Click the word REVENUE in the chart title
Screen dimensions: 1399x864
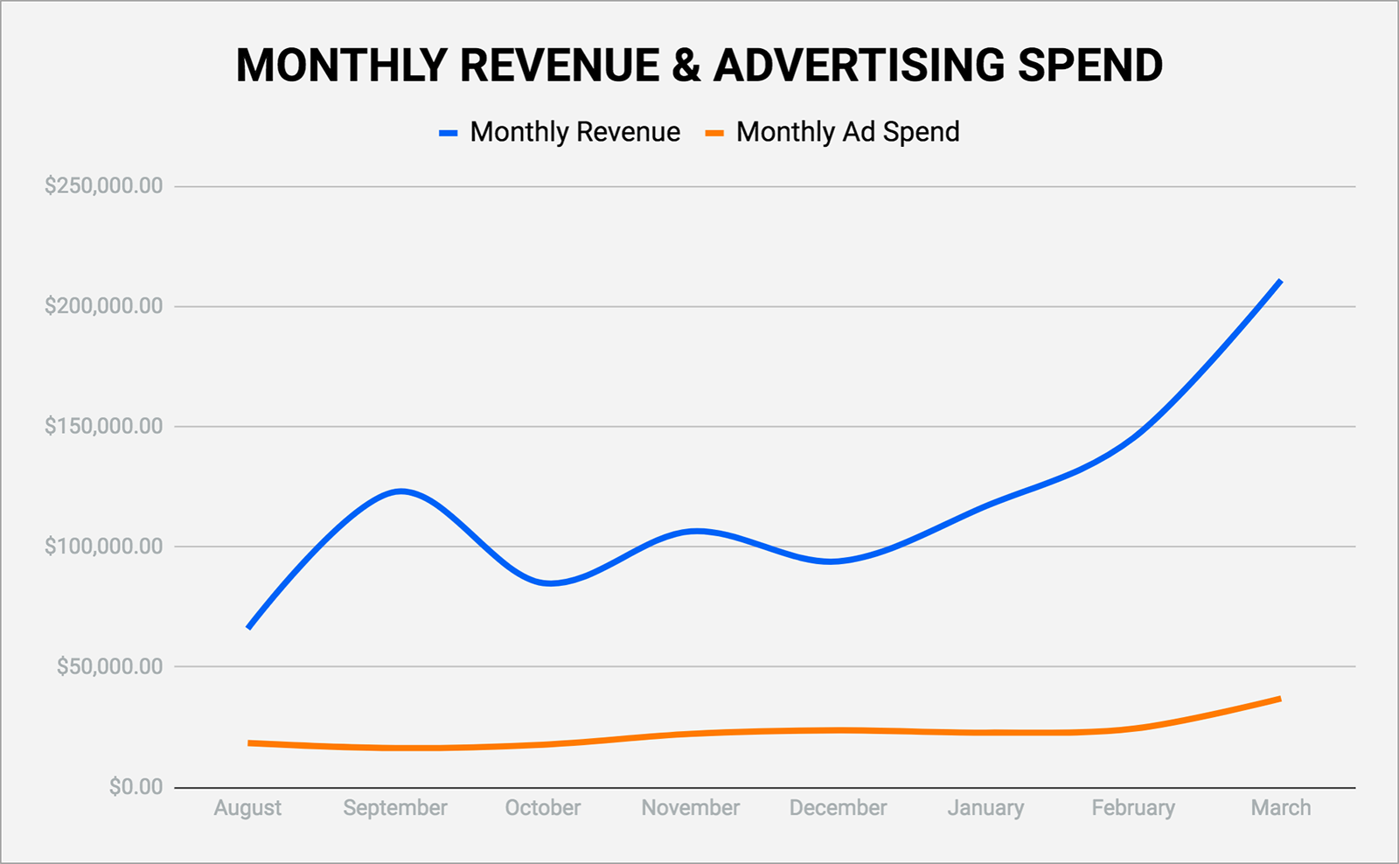[560, 65]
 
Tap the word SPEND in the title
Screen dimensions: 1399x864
[1089, 65]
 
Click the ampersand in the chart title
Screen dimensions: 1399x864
[686, 65]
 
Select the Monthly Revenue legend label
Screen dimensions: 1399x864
[574, 132]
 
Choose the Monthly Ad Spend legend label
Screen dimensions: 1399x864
[847, 132]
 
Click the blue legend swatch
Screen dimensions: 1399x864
[449, 133]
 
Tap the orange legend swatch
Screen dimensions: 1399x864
[714, 133]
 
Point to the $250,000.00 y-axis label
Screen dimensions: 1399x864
[104, 185]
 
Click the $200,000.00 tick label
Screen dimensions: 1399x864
[104, 305]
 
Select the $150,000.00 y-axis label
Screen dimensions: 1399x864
[104, 426]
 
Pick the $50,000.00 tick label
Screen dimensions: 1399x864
[110, 666]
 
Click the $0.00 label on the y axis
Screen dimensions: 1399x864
[136, 786]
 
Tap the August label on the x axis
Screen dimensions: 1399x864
[248, 808]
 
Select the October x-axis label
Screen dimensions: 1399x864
[543, 807]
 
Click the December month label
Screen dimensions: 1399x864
[839, 807]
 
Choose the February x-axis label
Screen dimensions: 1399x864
[1133, 808]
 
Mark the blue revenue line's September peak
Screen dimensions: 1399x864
[400, 491]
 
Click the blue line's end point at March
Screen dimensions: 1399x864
[1280, 281]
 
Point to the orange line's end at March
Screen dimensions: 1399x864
[1280, 699]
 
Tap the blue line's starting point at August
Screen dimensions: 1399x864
[248, 627]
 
